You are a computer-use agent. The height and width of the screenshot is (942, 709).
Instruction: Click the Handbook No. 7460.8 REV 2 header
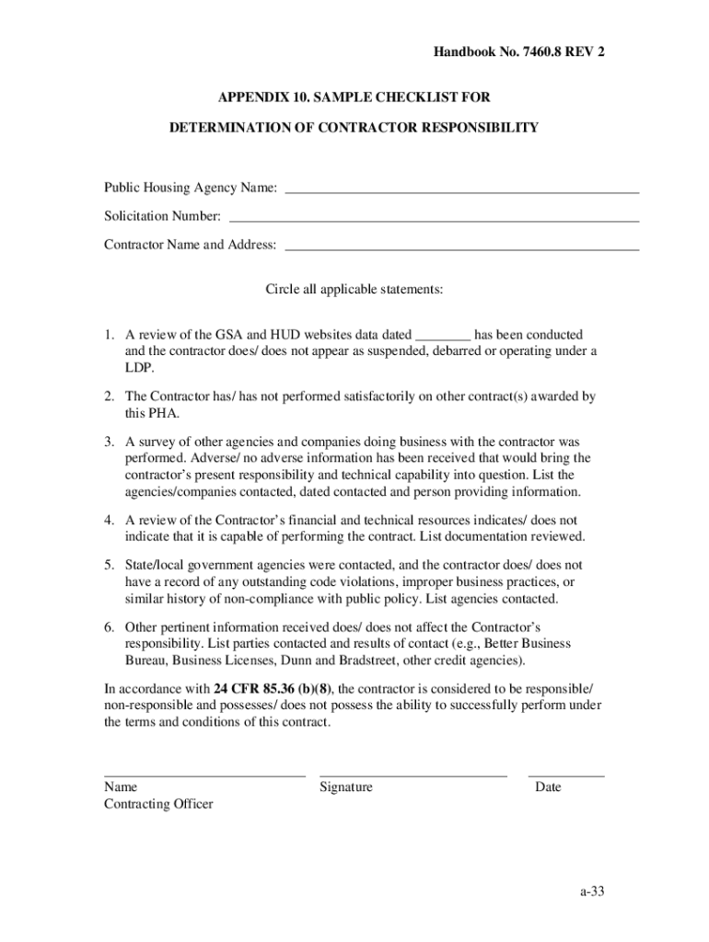[519, 52]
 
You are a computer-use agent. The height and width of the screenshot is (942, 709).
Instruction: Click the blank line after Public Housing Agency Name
[461, 191]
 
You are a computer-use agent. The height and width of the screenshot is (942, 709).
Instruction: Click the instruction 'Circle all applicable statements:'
[354, 290]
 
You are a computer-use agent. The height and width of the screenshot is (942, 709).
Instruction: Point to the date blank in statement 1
[443, 337]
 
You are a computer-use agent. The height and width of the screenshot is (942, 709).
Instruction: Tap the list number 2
[109, 396]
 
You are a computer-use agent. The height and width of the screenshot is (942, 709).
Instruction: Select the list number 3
[109, 442]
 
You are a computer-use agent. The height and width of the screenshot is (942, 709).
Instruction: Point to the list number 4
[109, 520]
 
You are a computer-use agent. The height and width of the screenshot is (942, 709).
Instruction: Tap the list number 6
[109, 627]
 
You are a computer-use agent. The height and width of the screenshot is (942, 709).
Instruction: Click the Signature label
[346, 787]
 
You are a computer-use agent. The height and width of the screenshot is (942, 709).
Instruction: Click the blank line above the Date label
[566, 776]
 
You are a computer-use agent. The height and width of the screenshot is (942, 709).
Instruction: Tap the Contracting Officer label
[158, 805]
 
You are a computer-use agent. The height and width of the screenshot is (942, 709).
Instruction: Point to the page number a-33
[593, 891]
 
